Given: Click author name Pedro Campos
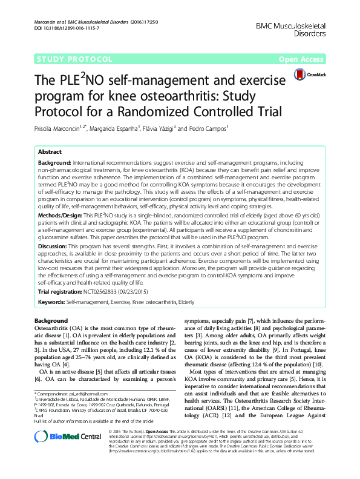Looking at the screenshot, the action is point(209,128).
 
